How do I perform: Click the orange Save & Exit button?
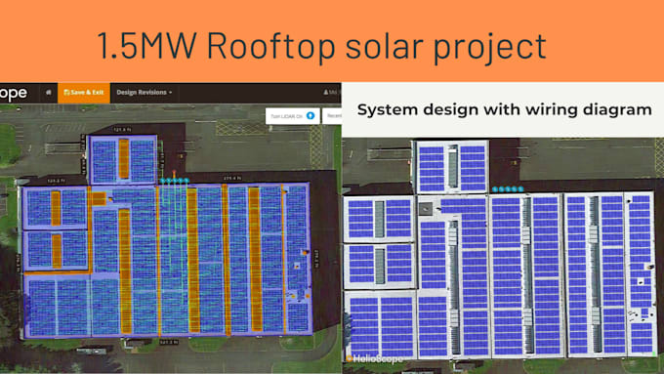pyautogui.click(x=83, y=92)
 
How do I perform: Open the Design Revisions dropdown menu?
pyautogui.click(x=145, y=92)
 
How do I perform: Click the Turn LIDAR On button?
pyautogui.click(x=291, y=115)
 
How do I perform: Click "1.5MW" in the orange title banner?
pyautogui.click(x=136, y=45)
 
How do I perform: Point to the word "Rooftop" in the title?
pyautogui.click(x=253, y=45)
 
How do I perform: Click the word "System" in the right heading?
pyautogui.click(x=390, y=110)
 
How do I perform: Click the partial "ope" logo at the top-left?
pyautogui.click(x=14, y=92)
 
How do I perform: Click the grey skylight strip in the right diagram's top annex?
pyautogui.click(x=451, y=167)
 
